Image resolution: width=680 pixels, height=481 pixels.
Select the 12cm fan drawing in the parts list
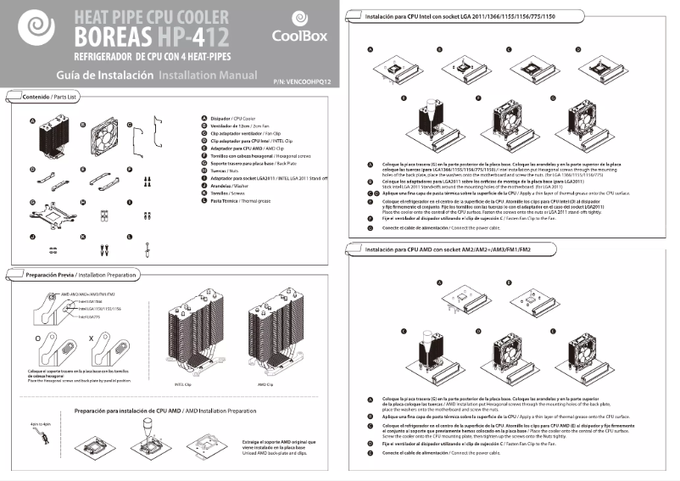point(101,137)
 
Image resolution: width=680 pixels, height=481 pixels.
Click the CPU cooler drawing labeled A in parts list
point(50,138)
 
